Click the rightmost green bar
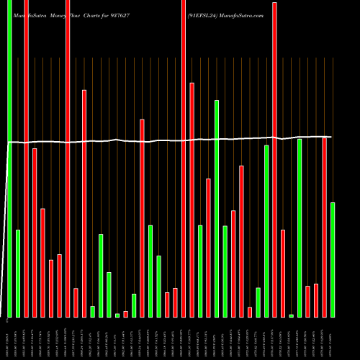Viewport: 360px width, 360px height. tap(333, 260)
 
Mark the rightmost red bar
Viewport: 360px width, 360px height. tap(324, 227)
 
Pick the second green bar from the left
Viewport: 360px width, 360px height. tap(18, 274)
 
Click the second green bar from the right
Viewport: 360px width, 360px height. tap(300, 228)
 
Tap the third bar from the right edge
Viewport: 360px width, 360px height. tap(316, 301)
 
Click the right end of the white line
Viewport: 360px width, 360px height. tap(332, 136)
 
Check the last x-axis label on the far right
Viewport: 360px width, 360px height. tap(333, 338)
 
